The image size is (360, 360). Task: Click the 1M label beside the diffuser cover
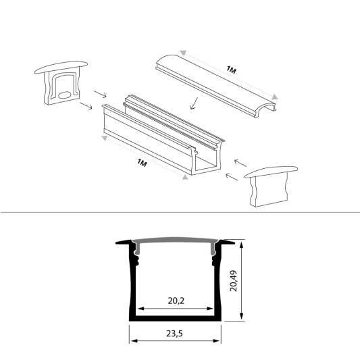pyautogui.click(x=231, y=70)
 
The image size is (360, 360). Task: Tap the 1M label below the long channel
pyautogui.click(x=141, y=162)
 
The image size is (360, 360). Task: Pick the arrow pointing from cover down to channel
pyautogui.click(x=194, y=103)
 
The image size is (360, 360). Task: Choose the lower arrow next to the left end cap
pyautogui.click(x=86, y=106)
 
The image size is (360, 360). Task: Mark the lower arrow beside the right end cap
pyautogui.click(x=230, y=177)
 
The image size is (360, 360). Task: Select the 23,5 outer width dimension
pyautogui.click(x=175, y=333)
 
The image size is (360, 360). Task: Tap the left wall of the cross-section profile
pyautogui.click(x=133, y=284)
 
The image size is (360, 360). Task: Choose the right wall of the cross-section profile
pyautogui.click(x=218, y=284)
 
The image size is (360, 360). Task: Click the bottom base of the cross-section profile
pyautogui.click(x=176, y=316)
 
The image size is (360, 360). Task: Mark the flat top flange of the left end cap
pyautogui.click(x=61, y=66)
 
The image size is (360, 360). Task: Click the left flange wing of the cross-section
pyautogui.click(x=124, y=242)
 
